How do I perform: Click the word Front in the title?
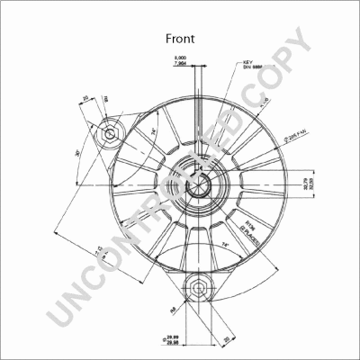179,39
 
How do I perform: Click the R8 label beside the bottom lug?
168,311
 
